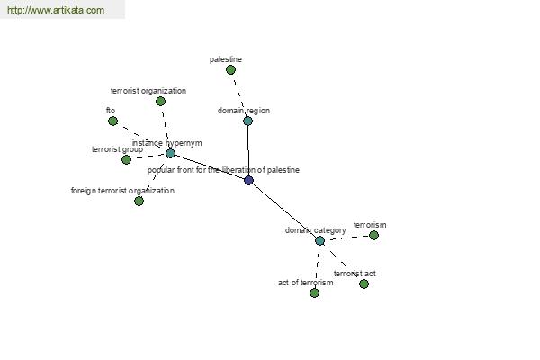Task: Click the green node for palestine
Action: point(230,70)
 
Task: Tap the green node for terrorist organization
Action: point(160,102)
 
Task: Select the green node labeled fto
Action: point(112,121)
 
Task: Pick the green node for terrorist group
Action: point(126,160)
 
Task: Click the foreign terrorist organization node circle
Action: point(139,202)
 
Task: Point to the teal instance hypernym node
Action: point(170,153)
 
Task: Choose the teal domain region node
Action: point(248,121)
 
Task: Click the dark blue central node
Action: point(248,180)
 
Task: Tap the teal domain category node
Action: point(319,241)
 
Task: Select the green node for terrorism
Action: point(373,235)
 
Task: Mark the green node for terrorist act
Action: point(364,283)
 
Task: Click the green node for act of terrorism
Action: point(314,292)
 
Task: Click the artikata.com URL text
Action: point(56,10)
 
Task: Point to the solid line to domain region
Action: point(248,150)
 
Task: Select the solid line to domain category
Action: point(284,211)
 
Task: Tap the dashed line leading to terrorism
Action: point(346,238)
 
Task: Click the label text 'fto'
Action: point(111,111)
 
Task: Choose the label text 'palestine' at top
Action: point(226,59)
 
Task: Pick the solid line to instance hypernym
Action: point(210,166)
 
